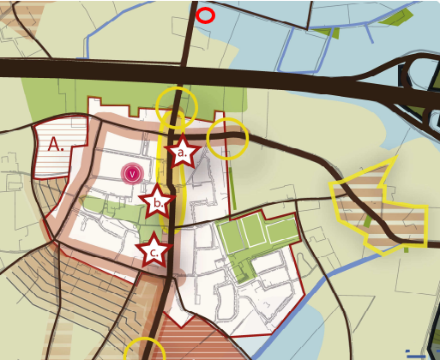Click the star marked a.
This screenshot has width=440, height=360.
tap(182, 153)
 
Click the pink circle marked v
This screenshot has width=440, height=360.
tap(131, 174)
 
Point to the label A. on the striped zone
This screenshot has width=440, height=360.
tap(56, 145)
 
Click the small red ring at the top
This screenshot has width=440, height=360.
tap(205, 15)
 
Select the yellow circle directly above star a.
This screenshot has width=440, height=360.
tap(177, 105)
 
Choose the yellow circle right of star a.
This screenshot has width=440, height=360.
tap(227, 137)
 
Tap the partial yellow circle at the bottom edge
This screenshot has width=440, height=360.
tap(144, 351)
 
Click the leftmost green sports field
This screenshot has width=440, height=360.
tap(229, 234)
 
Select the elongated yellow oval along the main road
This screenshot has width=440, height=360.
tap(178, 184)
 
